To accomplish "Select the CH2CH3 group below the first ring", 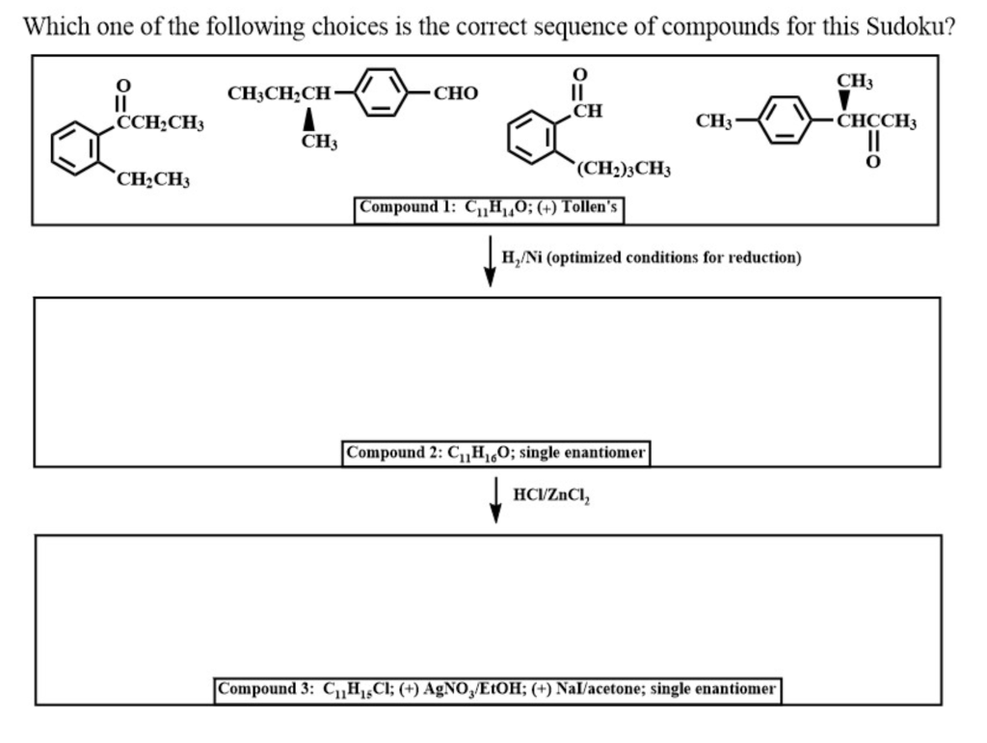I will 153,180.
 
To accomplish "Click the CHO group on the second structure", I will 455,93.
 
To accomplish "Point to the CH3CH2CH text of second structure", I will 279,93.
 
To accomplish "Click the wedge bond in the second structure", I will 308,119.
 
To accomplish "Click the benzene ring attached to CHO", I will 383,93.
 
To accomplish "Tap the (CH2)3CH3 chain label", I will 623,170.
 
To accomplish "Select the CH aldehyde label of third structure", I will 587,111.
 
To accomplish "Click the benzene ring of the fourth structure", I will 787,121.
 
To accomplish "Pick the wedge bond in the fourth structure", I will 844,101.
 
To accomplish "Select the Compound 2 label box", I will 496,452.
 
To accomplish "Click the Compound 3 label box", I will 497,689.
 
